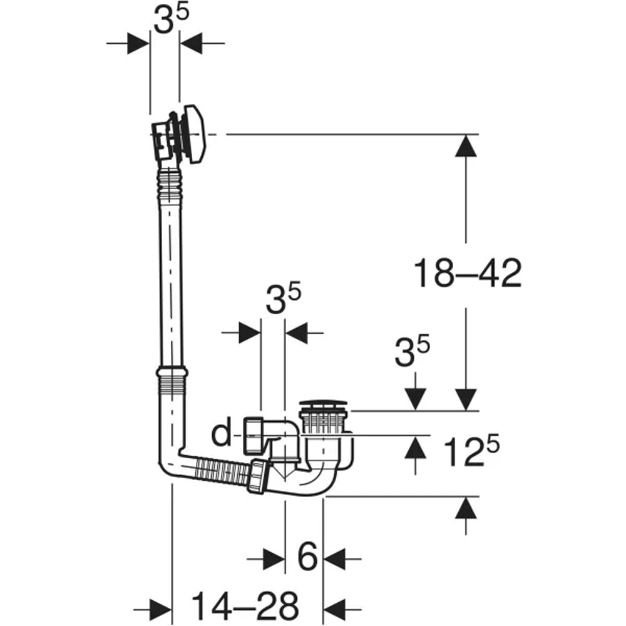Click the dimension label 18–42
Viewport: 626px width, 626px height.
(x=468, y=273)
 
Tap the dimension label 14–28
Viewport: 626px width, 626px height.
(x=245, y=605)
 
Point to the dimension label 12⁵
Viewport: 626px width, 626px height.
(x=471, y=451)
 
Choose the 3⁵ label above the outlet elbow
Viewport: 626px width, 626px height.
(x=283, y=299)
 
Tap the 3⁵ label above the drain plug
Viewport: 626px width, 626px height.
(x=412, y=351)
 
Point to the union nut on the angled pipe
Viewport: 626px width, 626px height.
(x=258, y=476)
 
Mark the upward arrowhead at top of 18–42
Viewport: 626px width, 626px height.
(x=466, y=146)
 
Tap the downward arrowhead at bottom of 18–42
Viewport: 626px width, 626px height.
(x=466, y=399)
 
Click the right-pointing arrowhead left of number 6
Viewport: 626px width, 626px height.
(x=274, y=559)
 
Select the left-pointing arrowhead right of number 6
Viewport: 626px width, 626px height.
(x=334, y=559)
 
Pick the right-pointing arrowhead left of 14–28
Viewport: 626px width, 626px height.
(x=160, y=610)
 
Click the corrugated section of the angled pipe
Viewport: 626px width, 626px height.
(x=221, y=471)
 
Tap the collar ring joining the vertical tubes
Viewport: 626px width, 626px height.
(x=172, y=372)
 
